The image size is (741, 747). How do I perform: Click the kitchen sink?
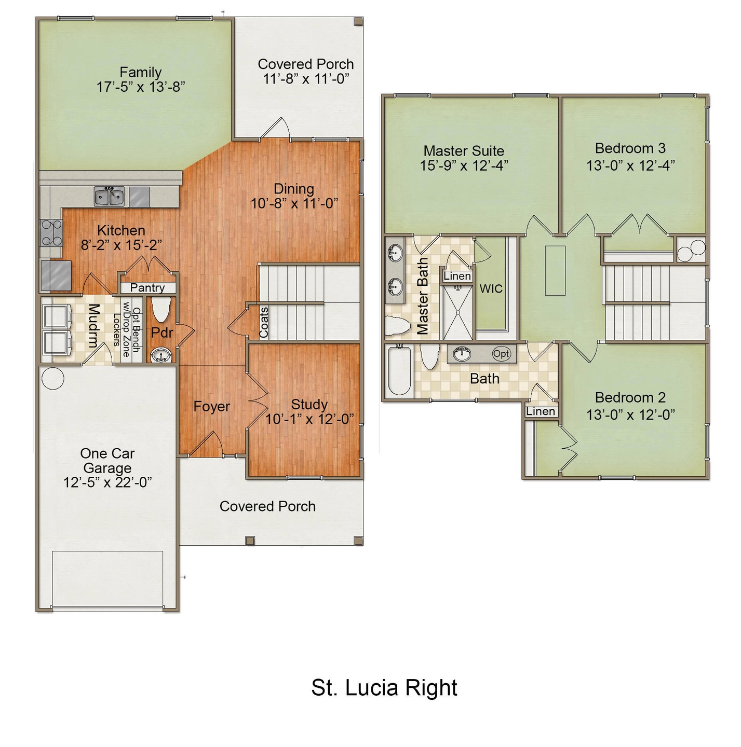point(110,196)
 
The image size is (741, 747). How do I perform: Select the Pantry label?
point(147,287)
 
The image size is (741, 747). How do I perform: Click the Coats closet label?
point(264,322)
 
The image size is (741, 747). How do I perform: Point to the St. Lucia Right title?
point(384,688)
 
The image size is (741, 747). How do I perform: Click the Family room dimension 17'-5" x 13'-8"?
point(141,87)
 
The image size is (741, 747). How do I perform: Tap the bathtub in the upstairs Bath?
point(399,370)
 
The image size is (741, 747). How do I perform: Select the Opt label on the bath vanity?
point(501,354)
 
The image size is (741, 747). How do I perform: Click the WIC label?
point(491,288)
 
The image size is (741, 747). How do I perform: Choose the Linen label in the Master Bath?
point(457,276)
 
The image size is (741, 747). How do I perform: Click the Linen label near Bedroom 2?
point(541,411)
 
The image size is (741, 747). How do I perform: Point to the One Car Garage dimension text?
point(107,482)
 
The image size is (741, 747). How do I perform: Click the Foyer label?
point(211,406)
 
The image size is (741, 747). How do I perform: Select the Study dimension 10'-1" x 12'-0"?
point(309,419)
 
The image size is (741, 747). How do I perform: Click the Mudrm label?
point(93,325)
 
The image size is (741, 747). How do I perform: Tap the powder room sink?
point(161,355)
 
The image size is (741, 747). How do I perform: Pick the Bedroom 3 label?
point(630,148)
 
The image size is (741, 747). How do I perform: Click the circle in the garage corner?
point(52,378)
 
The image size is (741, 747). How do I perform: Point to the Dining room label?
point(294,188)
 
